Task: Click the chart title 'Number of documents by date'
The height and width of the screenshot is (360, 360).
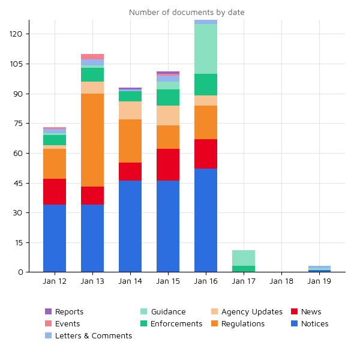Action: pos(187,13)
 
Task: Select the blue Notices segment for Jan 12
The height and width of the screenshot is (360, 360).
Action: pos(55,238)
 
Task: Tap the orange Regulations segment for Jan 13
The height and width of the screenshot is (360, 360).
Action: pos(92,140)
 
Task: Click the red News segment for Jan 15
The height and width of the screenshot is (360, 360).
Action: pos(168,165)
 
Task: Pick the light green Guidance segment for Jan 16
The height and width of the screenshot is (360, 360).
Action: pos(206,49)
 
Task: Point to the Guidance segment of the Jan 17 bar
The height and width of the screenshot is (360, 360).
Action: pos(244,258)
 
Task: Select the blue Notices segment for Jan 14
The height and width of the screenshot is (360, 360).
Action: pos(130,226)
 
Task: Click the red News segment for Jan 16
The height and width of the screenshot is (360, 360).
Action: pos(206,154)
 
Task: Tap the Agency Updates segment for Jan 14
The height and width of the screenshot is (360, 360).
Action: pos(130,110)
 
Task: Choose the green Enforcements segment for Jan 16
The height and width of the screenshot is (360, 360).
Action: pos(206,85)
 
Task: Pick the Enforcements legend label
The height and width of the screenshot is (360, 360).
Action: pos(176,324)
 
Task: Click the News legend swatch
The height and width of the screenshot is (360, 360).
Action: pos(295,312)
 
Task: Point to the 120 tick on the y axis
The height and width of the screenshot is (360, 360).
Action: pos(16,34)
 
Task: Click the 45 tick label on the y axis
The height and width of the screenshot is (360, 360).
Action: pos(17,183)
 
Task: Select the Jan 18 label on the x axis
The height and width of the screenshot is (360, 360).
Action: pos(281,281)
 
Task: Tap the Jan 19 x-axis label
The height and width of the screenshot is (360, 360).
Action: pos(319,281)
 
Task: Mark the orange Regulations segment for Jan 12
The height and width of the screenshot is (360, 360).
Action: pos(55,164)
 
